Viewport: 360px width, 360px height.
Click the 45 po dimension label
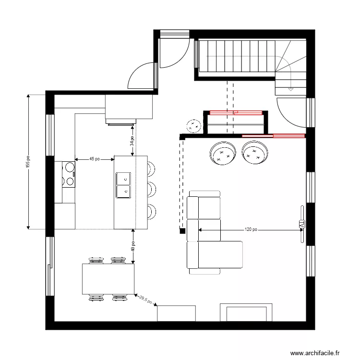point(95,159)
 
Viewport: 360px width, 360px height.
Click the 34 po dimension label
point(132,140)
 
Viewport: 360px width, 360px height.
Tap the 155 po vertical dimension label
point(28,162)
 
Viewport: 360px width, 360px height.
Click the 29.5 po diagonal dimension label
point(145,300)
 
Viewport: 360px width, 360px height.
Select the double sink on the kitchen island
point(123,185)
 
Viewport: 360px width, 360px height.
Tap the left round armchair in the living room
point(223,153)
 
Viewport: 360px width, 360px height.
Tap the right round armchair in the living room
point(255,152)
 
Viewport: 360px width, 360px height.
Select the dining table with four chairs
point(108,279)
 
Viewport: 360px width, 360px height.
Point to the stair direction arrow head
point(290,89)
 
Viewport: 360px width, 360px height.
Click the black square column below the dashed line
point(182,231)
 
